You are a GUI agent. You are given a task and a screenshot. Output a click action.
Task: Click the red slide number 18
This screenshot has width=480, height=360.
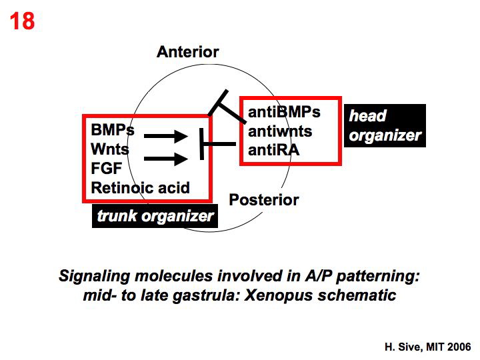[21, 21]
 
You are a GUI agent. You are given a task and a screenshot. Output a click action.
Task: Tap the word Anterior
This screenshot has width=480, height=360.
[187, 52]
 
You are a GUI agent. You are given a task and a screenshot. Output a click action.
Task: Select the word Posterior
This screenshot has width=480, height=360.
[264, 199]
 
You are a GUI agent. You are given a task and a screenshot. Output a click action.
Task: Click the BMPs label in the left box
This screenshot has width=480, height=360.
[113, 130]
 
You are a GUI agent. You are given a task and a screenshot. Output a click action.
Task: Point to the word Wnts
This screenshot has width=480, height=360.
[110, 149]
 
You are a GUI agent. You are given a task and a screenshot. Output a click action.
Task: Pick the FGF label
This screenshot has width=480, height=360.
[106, 169]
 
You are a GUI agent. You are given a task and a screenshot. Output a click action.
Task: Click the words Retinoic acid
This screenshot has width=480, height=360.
[140, 188]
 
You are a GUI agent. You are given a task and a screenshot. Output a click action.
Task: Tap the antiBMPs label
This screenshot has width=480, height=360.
[284, 112]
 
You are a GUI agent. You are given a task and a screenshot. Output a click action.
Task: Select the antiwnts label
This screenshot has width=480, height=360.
[280, 131]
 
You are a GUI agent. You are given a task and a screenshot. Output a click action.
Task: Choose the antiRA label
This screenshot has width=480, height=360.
[273, 151]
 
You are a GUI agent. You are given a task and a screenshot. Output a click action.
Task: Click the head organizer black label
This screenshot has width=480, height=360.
[385, 126]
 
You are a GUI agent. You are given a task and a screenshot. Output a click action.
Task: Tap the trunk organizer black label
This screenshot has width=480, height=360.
[155, 216]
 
